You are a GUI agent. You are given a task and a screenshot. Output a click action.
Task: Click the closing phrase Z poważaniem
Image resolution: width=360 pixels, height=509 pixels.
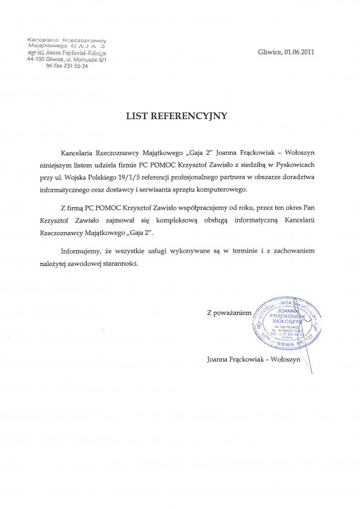click(228, 313)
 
